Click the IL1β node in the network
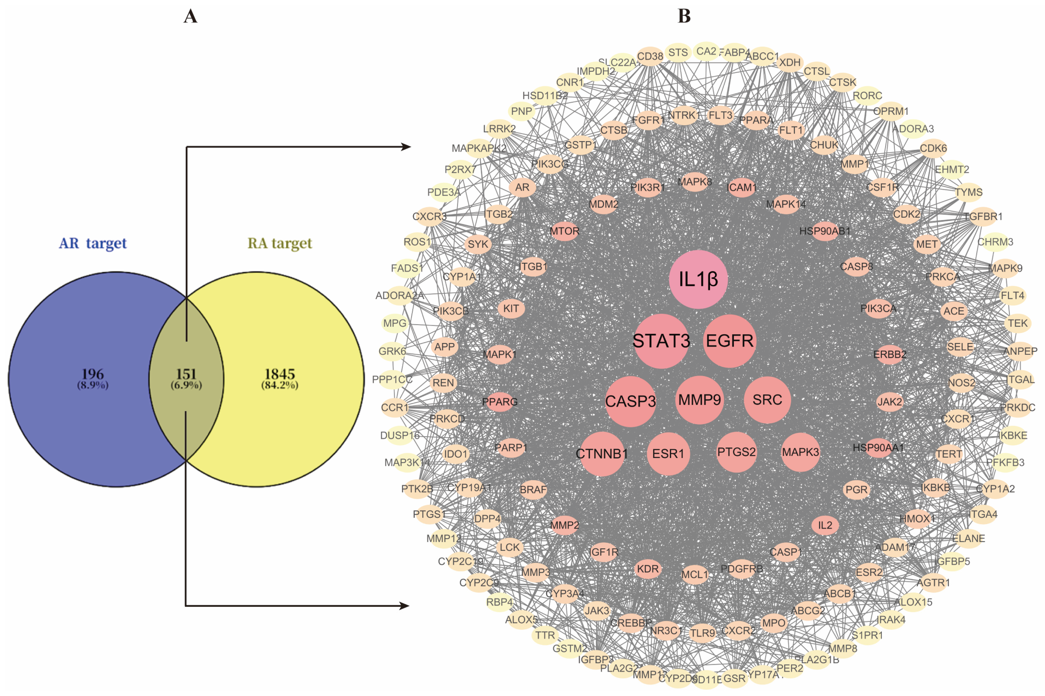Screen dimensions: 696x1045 click(698, 279)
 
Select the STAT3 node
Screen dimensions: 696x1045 click(661, 341)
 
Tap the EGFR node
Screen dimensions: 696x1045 click(730, 341)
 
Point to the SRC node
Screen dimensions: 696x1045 click(767, 400)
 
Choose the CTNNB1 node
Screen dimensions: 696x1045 click(602, 454)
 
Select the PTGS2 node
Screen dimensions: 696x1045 click(736, 452)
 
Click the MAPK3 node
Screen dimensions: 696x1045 click(800, 452)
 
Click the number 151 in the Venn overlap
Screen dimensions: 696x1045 click(186, 374)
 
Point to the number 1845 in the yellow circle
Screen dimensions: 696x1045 click(279, 374)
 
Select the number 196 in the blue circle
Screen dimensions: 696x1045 click(93, 374)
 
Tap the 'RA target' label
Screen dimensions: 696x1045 click(279, 243)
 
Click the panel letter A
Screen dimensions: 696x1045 click(190, 16)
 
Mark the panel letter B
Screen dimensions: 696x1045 click(684, 16)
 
